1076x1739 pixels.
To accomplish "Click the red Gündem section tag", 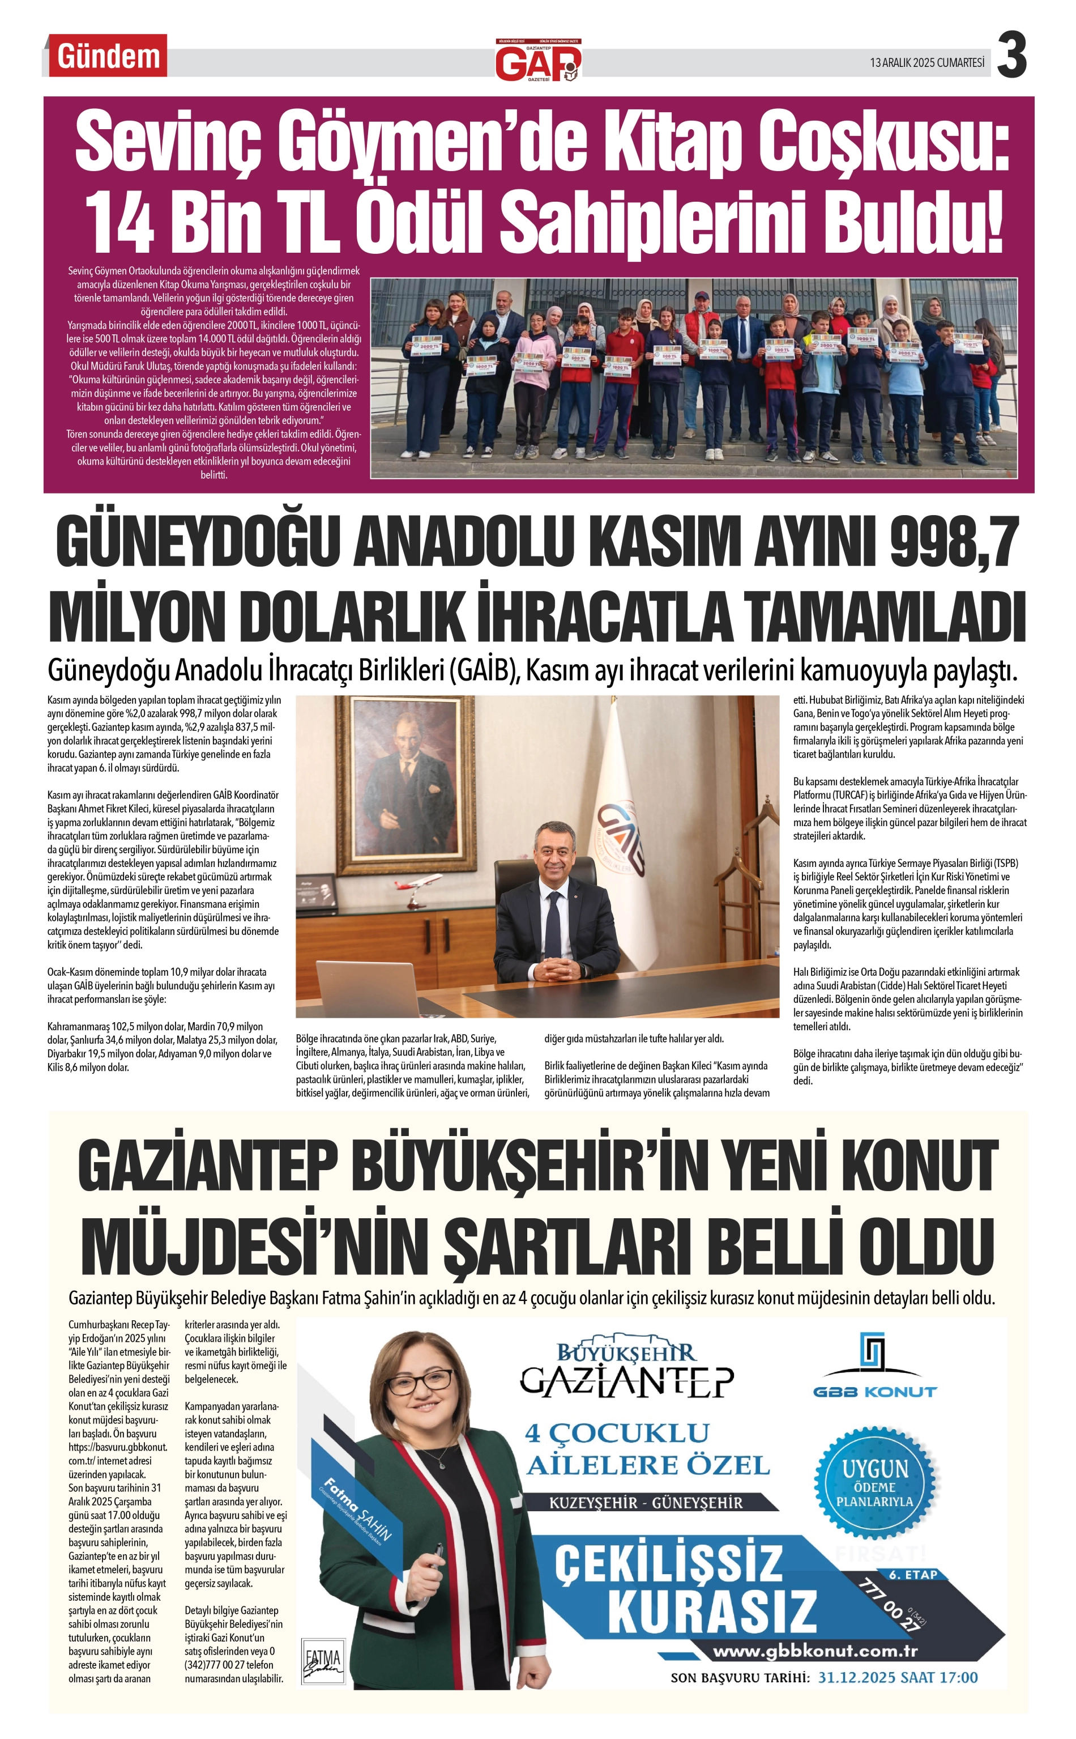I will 108,56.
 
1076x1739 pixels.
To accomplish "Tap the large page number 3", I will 1011,56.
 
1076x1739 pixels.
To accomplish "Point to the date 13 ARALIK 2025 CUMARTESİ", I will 926,63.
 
